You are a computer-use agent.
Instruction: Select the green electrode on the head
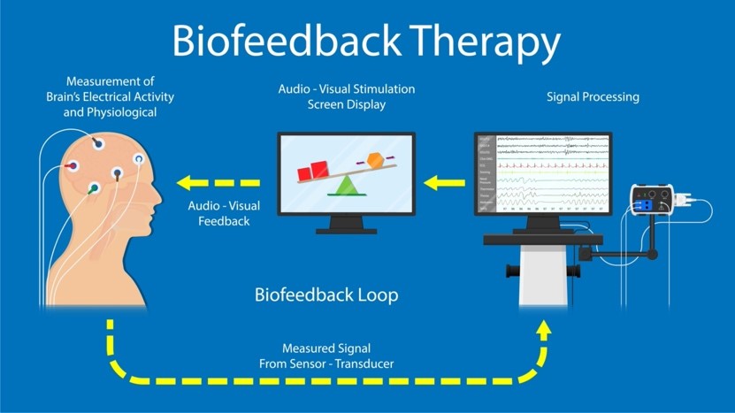coord(95,187)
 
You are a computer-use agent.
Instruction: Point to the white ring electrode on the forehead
coord(139,160)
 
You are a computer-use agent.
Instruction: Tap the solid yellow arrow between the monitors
coord(444,183)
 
